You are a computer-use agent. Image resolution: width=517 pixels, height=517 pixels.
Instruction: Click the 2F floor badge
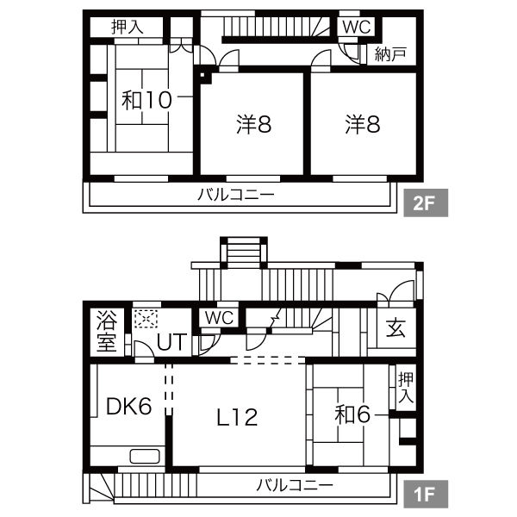tap(426, 202)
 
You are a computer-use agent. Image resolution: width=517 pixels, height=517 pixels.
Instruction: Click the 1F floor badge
tap(426, 494)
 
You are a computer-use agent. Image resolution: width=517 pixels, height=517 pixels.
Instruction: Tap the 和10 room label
tap(146, 100)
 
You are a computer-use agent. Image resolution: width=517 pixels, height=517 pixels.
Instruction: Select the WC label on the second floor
tap(357, 27)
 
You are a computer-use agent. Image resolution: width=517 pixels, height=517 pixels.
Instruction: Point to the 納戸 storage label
tap(390, 54)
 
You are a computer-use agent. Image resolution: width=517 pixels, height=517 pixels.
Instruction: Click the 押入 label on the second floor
tap(128, 27)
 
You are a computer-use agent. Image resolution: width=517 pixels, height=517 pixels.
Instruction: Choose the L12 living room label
tap(237, 417)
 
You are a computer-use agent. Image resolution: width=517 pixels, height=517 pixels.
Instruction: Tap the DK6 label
tap(129, 406)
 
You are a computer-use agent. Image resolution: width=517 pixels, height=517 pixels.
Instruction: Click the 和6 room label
tap(352, 414)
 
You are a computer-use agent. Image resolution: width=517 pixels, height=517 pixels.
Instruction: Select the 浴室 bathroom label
tap(107, 331)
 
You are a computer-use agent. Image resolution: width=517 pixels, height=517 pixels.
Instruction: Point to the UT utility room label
tap(171, 342)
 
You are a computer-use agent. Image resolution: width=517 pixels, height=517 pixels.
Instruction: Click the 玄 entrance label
tap(396, 327)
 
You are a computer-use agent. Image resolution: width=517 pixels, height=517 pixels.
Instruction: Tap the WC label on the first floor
tap(219, 318)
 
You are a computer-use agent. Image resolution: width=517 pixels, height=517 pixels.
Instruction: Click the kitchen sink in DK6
tap(145, 457)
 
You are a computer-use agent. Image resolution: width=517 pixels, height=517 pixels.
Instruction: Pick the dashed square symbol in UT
tap(146, 319)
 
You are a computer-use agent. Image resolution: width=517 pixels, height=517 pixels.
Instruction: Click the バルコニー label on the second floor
tap(236, 195)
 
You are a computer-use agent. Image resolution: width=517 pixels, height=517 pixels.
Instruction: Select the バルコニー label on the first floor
tap(295, 485)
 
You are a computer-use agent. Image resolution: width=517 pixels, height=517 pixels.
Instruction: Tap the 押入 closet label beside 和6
tap(405, 388)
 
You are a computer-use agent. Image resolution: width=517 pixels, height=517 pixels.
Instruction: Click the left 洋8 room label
tap(253, 124)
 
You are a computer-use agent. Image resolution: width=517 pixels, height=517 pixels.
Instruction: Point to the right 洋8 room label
tap(363, 124)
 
